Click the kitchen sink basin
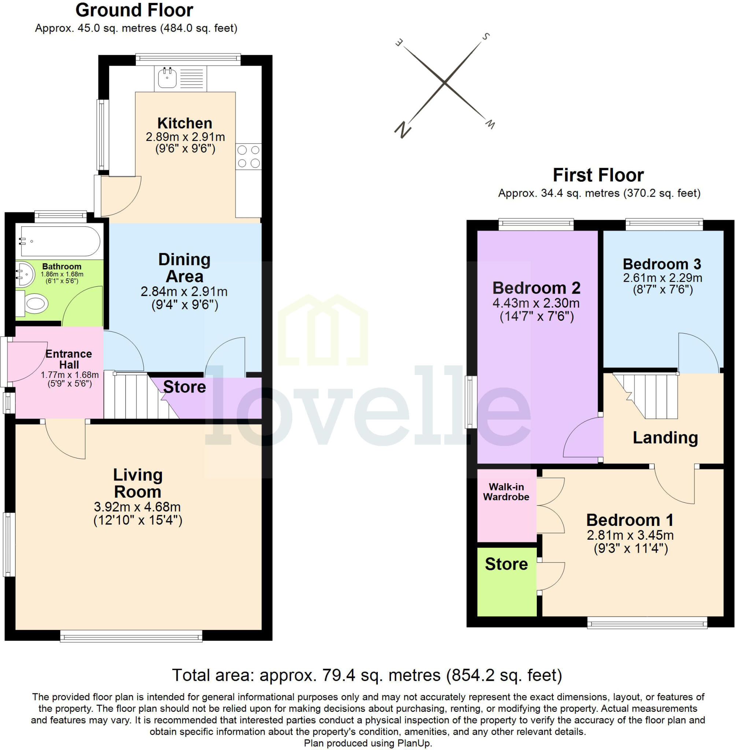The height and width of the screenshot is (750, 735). coord(167,78)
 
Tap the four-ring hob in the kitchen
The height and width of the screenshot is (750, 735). coord(248,156)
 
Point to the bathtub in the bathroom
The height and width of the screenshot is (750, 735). coord(60,241)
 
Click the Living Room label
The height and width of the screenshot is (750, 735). coord(138,483)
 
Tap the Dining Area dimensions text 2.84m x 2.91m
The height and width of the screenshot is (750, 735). coord(184,292)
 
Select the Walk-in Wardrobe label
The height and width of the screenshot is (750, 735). coord(506,492)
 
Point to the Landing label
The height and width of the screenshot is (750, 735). coord(665,438)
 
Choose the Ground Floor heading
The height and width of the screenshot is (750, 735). coord(134,10)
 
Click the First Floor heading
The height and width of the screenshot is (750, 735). coord(598,175)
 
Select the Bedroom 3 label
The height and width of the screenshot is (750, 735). coord(662,264)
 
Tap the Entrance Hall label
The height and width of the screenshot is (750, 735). coord(69,359)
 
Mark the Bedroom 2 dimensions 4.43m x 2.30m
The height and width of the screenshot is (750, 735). coord(536,303)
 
